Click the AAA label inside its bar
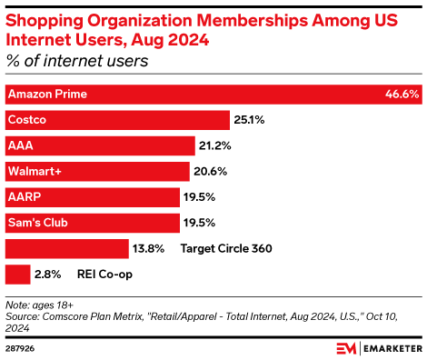(19, 145)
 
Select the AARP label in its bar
(23, 196)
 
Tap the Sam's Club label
(37, 222)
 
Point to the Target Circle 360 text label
(226, 248)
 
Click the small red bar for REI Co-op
(17, 274)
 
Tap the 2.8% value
(48, 274)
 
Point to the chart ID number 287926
(22, 348)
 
